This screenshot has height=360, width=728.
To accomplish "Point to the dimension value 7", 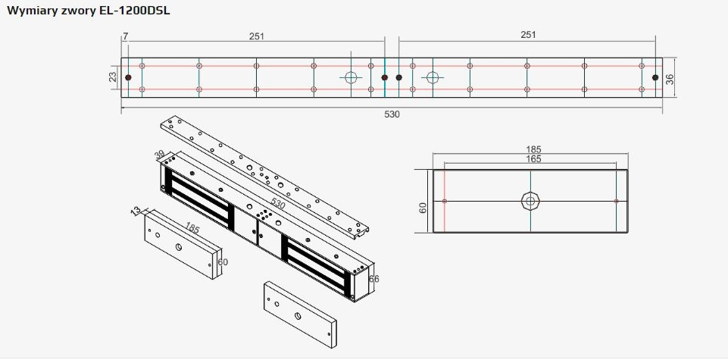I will click(x=125, y=36).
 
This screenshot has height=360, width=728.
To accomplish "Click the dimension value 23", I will click(x=114, y=77).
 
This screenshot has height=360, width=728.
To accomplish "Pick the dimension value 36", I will click(x=670, y=78).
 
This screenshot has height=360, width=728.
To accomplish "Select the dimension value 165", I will click(x=533, y=159).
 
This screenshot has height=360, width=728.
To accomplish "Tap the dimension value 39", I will click(x=160, y=155).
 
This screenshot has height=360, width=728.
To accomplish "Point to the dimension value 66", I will click(x=373, y=279).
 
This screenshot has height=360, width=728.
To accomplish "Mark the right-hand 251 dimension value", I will click(x=528, y=35).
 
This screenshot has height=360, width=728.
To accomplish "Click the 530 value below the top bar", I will click(x=392, y=114).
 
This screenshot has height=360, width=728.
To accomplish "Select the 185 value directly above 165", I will click(x=533, y=149).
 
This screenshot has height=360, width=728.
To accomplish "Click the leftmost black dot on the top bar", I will click(x=129, y=77).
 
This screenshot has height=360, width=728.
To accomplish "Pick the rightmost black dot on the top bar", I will click(x=655, y=77).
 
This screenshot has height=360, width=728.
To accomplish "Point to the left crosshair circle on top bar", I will click(x=352, y=77).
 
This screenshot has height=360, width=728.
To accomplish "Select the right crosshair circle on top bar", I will click(x=433, y=77).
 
